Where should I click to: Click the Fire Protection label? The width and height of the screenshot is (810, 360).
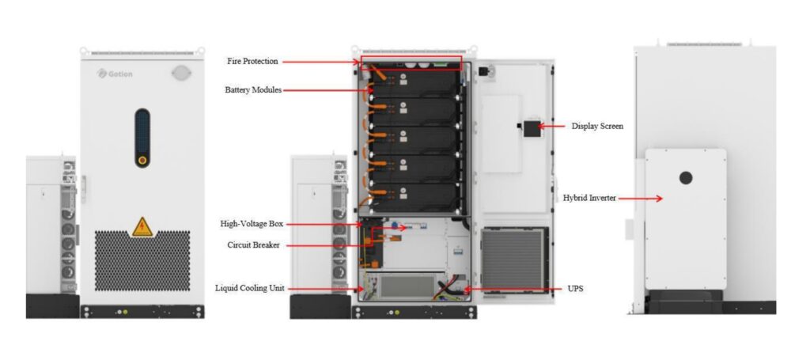coord(252,62)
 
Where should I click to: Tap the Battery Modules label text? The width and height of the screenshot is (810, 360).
coord(253,90)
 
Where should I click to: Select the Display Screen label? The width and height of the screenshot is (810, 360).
coord(597,126)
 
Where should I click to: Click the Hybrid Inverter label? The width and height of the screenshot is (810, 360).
coord(589,198)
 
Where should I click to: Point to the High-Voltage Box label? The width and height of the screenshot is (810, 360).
coord(252,224)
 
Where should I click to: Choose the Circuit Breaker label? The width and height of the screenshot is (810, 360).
coord(254,244)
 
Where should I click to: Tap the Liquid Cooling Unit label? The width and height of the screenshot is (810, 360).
coord(249,288)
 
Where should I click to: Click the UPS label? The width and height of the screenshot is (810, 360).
coord(576,289)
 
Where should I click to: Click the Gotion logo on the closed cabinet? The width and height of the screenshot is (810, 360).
coord(115,74)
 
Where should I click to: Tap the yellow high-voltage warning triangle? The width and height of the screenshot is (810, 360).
coord(142,227)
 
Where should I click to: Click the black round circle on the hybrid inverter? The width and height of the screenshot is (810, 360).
coord(686,178)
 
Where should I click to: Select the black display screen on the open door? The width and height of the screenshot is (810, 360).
coord(532,129)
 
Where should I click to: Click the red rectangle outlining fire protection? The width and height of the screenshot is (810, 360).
coord(411,63)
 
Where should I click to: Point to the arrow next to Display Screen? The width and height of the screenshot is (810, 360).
coord(553,126)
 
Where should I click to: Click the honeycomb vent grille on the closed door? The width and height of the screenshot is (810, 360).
coord(142,260)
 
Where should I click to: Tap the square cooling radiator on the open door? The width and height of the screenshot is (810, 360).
coord(513,260)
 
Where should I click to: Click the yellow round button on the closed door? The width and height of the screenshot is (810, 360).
coord(142,160)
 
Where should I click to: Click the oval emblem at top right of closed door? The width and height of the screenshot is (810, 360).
coord(181,74)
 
